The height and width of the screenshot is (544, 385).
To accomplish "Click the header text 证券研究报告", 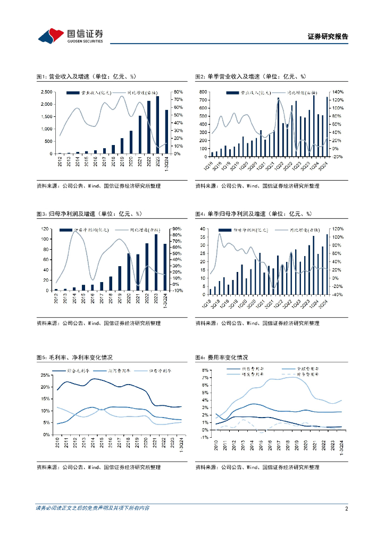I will click(x=328, y=37).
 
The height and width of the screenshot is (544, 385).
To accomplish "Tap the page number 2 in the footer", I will click(x=346, y=508).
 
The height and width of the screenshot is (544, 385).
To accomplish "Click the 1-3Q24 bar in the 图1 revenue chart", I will click(x=166, y=132).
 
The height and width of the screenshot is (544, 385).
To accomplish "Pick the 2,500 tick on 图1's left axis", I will click(x=46, y=92).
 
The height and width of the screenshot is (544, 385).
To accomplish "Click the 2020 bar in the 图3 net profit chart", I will click(x=129, y=272).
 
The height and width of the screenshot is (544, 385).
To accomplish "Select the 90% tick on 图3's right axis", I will click(x=177, y=229).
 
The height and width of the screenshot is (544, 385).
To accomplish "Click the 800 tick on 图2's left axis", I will click(x=204, y=92).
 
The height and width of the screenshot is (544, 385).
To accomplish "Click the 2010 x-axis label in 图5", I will click(x=57, y=443).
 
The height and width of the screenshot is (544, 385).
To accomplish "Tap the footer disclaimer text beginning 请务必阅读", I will click(x=92, y=508).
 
